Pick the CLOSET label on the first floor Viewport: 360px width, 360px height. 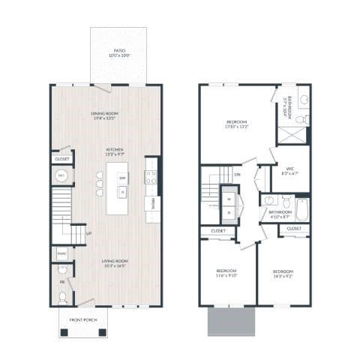[x=61, y=159]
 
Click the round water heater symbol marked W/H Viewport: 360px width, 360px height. [x=61, y=176]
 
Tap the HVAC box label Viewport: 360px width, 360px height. [x=61, y=253]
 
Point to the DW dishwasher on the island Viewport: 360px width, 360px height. [x=121, y=178]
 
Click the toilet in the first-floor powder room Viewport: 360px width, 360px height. [x=61, y=297]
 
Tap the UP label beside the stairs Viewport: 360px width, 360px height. [x=88, y=233]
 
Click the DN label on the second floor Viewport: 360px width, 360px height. [x=237, y=175]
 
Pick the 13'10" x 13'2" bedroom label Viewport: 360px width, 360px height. [x=237, y=124]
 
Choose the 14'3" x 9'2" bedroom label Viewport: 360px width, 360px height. [x=283, y=272]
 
